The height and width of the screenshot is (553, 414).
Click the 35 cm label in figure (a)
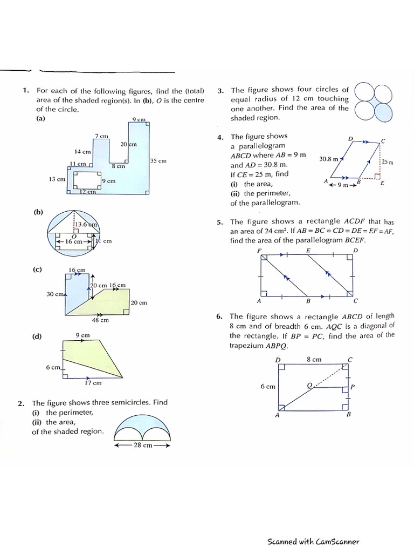158,161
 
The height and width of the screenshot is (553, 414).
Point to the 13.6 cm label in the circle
86,225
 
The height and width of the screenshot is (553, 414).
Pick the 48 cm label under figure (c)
100,320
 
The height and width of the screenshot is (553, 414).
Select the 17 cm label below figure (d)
93,383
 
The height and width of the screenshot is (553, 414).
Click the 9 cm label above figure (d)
82,335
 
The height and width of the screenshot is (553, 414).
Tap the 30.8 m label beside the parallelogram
328,159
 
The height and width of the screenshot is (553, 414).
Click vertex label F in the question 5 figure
260,251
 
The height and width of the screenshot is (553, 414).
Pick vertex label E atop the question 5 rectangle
308,251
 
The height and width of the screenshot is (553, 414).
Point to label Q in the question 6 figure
309,385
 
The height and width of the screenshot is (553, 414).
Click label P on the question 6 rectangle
353,387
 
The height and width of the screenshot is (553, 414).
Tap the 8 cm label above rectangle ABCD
314,359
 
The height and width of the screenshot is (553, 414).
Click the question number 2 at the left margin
20,403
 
